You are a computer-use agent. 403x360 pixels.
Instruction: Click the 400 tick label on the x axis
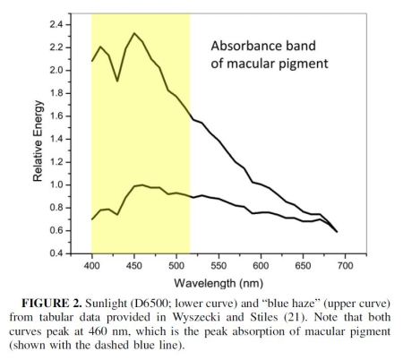(91, 266)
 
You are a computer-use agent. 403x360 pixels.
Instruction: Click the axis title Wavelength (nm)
(213, 281)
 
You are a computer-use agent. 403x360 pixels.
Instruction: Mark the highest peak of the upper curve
(134, 34)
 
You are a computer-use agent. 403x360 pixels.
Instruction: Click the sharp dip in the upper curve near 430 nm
(117, 81)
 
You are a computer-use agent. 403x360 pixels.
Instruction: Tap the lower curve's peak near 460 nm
(141, 184)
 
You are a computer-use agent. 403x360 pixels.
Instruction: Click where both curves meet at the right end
(337, 231)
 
